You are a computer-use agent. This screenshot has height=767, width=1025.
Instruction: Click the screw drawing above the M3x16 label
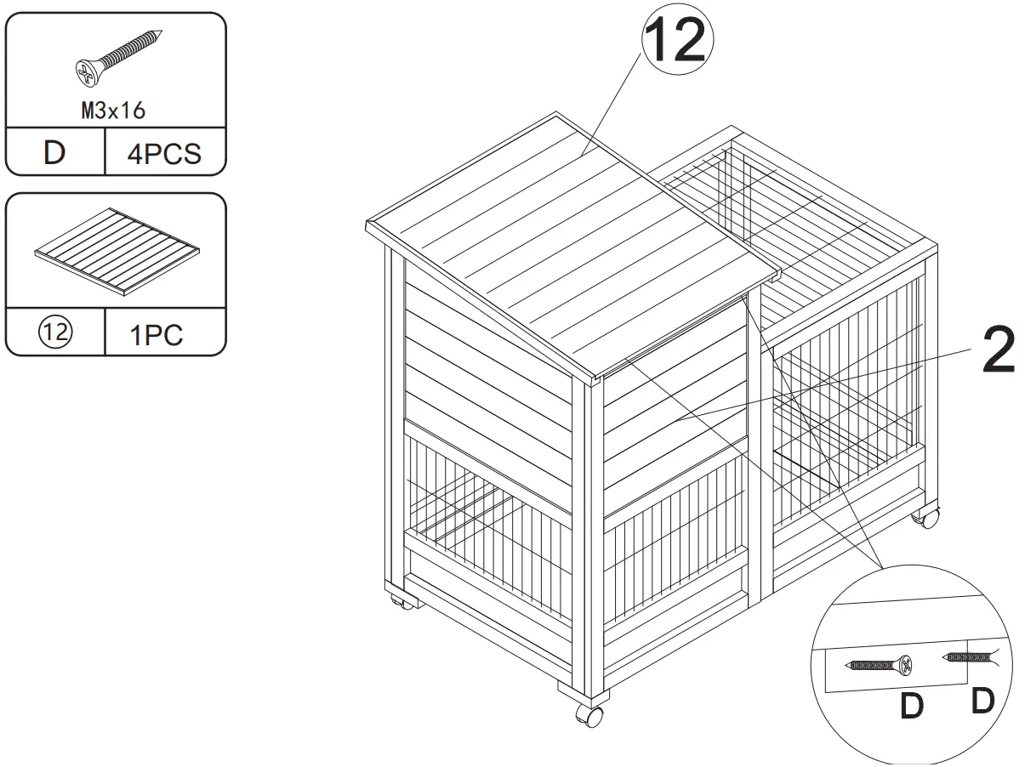pos(118,60)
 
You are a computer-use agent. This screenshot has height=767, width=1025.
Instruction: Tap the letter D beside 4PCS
pos(54,153)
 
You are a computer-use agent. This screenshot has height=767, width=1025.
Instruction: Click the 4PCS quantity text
pos(163,154)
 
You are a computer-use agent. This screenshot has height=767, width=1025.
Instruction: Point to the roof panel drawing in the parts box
pos(117,252)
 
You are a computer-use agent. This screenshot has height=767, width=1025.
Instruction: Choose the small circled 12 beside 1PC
pos(54,333)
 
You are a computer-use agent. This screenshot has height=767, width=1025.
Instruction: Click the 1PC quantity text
pos(156,335)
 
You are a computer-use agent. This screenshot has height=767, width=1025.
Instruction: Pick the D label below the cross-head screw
pos(911,707)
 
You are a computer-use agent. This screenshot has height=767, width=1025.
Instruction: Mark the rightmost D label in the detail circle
pos(982,702)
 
